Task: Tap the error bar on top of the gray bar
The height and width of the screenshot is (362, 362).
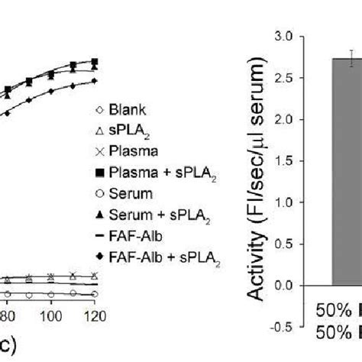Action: click(x=351, y=58)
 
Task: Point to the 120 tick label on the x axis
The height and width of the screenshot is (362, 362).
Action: click(x=93, y=313)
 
